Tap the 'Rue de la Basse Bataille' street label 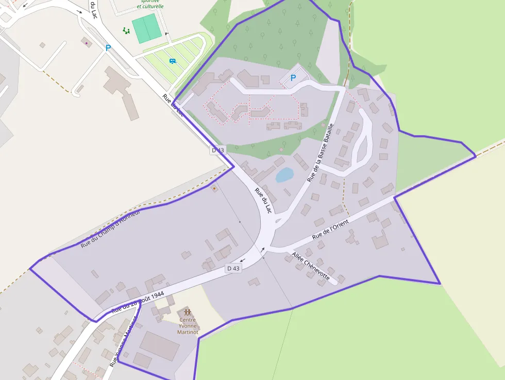pos(321,152)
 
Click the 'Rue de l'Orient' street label pos(330,229)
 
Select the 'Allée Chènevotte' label pos(310,266)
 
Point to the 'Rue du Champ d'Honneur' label pos(110,229)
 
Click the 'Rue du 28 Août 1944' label pos(138,302)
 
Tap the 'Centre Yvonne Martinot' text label pos(188,326)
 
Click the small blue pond pos(284,175)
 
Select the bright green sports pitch pos(147,28)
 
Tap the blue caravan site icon pos(173,61)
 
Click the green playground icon pos(126,31)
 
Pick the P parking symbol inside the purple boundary pos(293,78)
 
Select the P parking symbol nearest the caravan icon pos(108,48)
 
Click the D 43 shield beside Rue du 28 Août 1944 pos(233,268)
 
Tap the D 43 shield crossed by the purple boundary pos(217,150)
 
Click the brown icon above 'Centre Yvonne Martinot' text pos(187,312)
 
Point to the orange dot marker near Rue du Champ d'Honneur pos(214,188)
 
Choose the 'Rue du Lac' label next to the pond pos(263,200)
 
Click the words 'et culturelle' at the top pos(150,7)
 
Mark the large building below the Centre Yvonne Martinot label pos(160,345)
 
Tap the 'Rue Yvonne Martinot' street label pos(123,343)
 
